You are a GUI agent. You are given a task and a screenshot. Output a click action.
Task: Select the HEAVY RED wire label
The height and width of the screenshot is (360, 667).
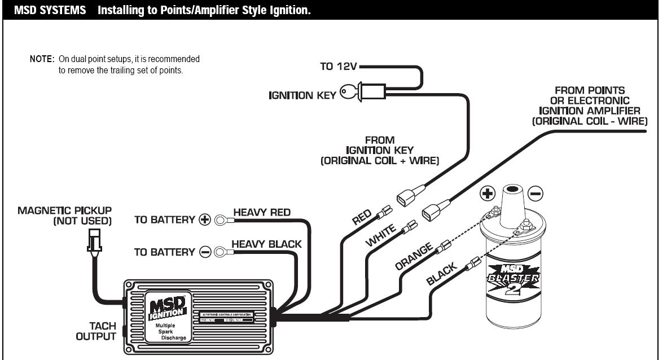261,213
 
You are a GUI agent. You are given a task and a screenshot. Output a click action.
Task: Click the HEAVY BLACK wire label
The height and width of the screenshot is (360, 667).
266,244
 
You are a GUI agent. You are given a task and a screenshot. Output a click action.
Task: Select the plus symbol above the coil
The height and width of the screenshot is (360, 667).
487,194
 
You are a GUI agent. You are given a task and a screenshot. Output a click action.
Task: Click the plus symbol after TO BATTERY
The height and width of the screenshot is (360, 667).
205,220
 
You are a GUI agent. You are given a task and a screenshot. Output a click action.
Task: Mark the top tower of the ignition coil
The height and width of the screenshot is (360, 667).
511,195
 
